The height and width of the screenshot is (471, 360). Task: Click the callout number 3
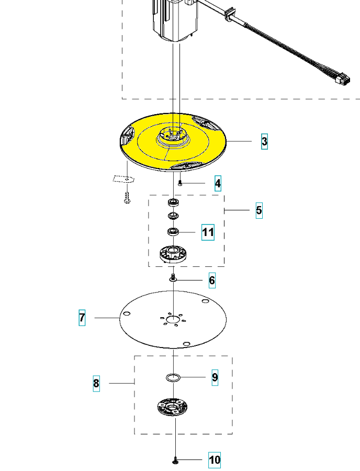tap(264, 141)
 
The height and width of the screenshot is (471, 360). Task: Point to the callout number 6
tap(212, 281)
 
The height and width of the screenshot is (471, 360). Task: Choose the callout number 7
tap(82, 317)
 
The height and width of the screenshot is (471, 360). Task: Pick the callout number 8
tap(96, 384)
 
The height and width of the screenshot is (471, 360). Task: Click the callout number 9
tap(215, 377)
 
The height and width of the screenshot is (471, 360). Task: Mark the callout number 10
tap(215, 460)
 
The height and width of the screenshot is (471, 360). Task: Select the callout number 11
tap(208, 232)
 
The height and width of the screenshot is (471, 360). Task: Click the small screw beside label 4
tap(180, 183)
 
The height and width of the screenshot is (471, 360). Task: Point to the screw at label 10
tap(175, 461)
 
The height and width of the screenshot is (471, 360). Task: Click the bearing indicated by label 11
tap(173, 231)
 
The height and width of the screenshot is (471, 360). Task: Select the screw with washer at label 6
tap(173, 278)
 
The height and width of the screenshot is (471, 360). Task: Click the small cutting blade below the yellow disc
tap(123, 178)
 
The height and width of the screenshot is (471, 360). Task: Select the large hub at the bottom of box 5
tap(173, 254)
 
